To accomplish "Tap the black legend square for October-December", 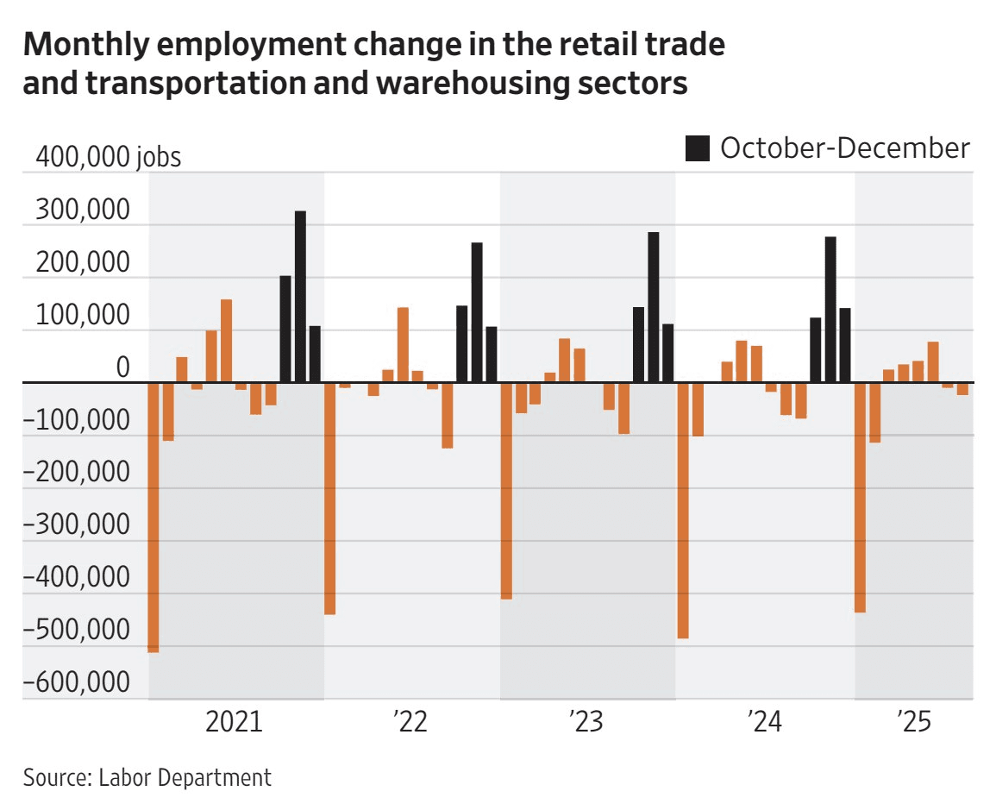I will pos(698,148).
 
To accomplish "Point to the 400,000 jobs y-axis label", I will pos(108,157).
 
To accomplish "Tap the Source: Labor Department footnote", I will pos(147,777).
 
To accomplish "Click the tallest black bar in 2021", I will pos(300,296).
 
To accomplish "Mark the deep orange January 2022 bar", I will pos(329,497).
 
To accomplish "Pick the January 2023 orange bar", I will pos(506,489).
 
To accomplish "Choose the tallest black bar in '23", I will pos(654,306).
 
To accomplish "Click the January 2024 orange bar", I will pos(683,509).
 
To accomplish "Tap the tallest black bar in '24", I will pos(830,309).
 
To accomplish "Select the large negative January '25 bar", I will pos(860,496).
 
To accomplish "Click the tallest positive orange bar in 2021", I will pos(226,340).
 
